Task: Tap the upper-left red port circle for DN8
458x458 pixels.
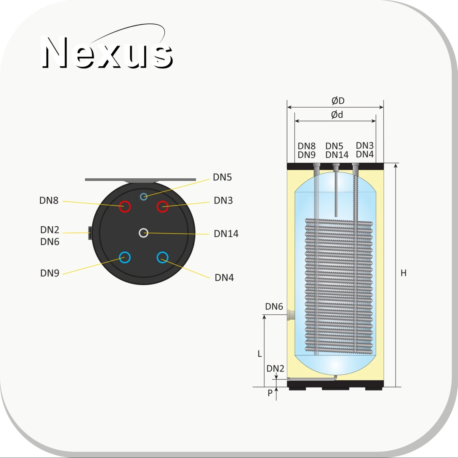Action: tap(125, 206)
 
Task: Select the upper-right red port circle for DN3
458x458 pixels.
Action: tap(162, 206)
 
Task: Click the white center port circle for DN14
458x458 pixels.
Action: tap(143, 233)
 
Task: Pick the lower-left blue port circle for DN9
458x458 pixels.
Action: tap(125, 257)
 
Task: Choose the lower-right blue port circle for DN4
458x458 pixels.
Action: tap(162, 257)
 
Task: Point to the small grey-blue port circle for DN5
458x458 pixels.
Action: tap(143, 197)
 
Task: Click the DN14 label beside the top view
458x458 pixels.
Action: tap(226, 234)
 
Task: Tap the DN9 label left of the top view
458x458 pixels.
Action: tap(50, 273)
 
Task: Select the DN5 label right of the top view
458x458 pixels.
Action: tap(222, 177)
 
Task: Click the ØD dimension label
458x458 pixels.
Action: tap(338, 101)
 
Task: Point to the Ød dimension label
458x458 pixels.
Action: tap(337, 115)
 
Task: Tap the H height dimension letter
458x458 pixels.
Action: tap(403, 273)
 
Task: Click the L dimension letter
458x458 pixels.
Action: tap(260, 354)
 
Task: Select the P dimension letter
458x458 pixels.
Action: tap(270, 393)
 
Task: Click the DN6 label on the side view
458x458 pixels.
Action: tap(274, 307)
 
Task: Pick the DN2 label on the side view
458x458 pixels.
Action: tap(275, 368)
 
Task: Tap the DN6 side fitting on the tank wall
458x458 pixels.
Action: tap(291, 315)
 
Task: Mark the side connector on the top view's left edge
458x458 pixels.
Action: tap(90, 233)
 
